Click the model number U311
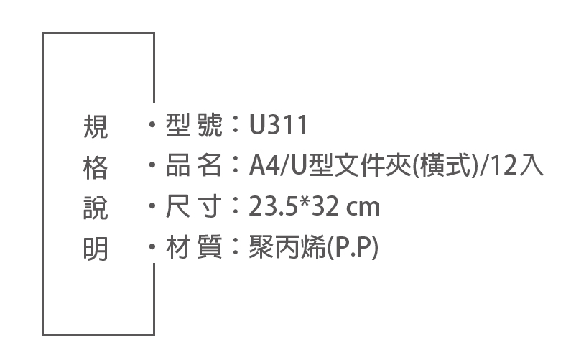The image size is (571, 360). tap(278, 125)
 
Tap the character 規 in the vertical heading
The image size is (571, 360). tap(96, 126)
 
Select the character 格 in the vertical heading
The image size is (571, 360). tap(96, 167)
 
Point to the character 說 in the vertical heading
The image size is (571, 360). tap(96, 208)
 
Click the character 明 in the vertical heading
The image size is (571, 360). tap(96, 249)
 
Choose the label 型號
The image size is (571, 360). tap(194, 125)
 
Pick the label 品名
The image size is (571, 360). tap(194, 165)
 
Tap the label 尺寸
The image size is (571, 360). tap(194, 206)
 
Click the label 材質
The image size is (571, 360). tap(194, 247)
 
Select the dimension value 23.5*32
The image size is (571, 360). tap(295, 206)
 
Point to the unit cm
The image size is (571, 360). tap(363, 208)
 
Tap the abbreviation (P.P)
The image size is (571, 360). tap(353, 247)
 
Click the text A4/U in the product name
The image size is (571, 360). tap(279, 166)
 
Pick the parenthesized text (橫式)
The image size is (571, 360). tap(445, 166)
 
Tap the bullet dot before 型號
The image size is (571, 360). tap(152, 124)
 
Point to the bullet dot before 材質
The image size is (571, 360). tap(152, 246)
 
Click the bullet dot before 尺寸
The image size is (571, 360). tap(152, 206)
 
